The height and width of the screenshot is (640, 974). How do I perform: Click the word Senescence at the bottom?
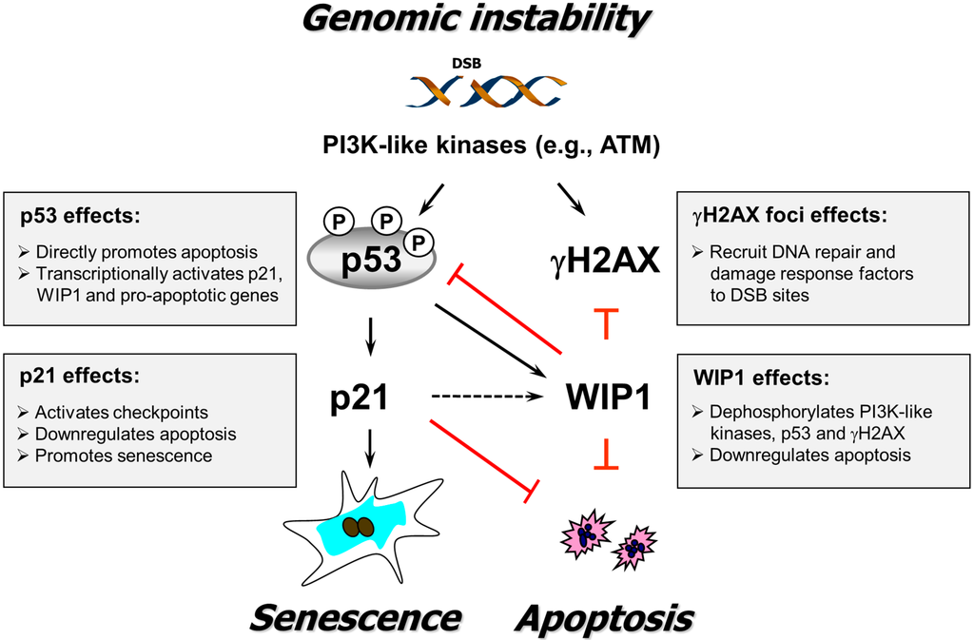coord(355,615)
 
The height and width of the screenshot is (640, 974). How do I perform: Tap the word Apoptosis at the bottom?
coord(604,615)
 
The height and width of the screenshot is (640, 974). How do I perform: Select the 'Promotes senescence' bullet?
coord(124,456)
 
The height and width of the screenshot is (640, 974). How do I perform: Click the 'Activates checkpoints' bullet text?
coord(120,413)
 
